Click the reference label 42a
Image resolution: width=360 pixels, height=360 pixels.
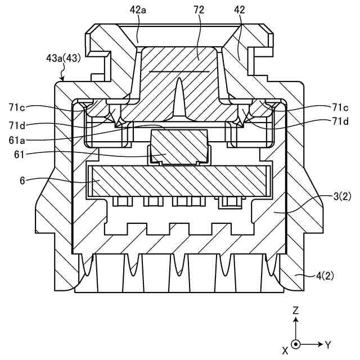coord(138,10)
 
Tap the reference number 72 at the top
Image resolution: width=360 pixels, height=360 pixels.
coord(199,10)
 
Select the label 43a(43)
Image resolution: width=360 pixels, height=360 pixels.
coord(64,58)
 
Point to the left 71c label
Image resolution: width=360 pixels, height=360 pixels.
coord(17,107)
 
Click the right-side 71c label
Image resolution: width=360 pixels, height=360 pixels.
coord(340,107)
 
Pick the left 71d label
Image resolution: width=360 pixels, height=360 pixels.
coord(17,125)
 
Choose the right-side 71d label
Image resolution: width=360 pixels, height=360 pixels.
coord(340,121)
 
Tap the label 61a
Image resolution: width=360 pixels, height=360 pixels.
coord(17,140)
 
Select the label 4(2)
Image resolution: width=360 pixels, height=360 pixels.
coord(325,276)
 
